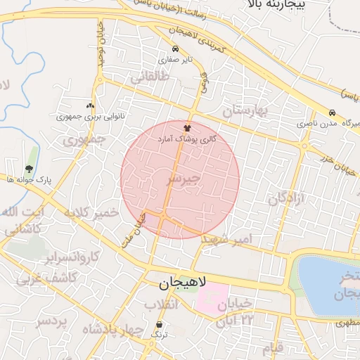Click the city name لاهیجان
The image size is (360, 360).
coord(179,283)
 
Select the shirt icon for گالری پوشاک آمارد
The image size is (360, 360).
coord(187,128)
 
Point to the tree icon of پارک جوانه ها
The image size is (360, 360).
coord(29,169)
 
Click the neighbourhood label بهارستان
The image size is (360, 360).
coord(246,110)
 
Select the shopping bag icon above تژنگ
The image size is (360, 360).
coord(159,325)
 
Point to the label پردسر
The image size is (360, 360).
coord(52,321)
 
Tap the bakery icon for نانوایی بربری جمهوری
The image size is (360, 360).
coord(90,105)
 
